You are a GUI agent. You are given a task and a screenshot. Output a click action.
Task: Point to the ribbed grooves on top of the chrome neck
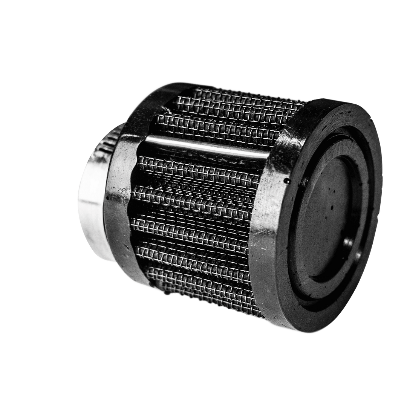[106, 145]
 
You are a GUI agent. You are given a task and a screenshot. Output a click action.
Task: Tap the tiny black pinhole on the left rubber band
[108, 197]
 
